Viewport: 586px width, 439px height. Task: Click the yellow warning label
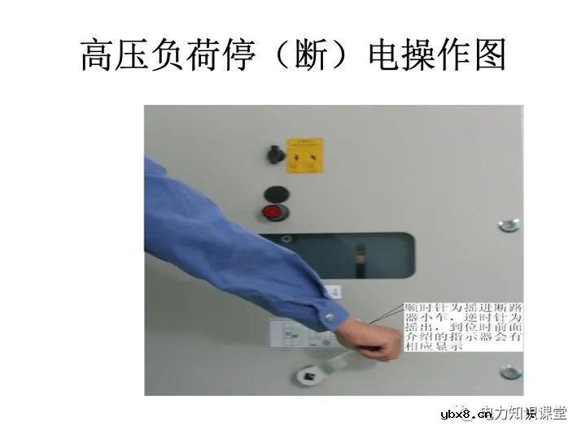click(304, 155)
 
